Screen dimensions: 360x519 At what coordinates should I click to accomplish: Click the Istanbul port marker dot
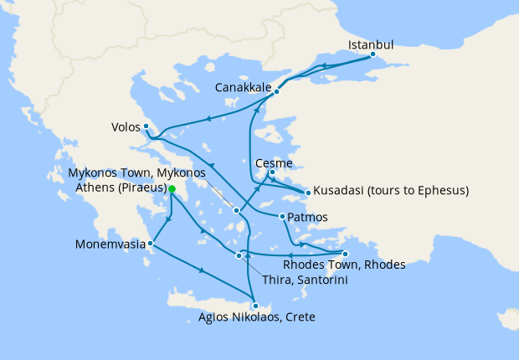(x=373, y=57)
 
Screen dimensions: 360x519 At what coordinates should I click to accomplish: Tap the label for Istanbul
(x=371, y=44)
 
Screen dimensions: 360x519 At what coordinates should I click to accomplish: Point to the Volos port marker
(x=146, y=126)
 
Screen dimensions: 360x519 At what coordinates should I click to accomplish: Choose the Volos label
(x=125, y=128)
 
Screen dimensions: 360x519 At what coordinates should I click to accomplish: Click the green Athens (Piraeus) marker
(x=172, y=190)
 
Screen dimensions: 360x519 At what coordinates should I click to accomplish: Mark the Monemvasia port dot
(x=151, y=244)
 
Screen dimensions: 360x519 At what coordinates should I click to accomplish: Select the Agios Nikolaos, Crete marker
(x=256, y=306)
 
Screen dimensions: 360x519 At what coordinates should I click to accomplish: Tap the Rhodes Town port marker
(x=345, y=254)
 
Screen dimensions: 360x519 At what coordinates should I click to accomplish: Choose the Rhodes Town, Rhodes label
(x=344, y=265)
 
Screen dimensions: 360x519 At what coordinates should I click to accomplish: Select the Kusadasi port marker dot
(x=308, y=193)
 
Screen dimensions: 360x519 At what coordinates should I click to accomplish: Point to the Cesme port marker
(x=272, y=173)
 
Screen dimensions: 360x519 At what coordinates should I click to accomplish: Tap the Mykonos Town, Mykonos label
(x=136, y=172)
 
